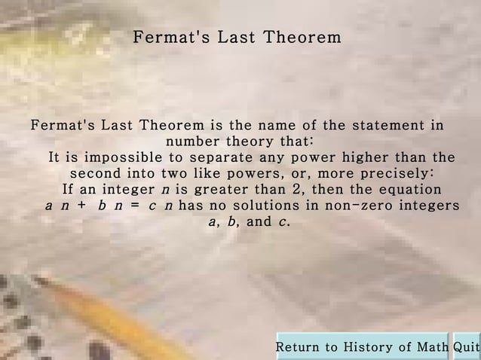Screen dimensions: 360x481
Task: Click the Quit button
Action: click(x=467, y=347)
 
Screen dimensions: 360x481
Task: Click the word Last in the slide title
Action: click(x=236, y=37)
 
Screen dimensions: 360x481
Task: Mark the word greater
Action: click(x=226, y=189)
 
